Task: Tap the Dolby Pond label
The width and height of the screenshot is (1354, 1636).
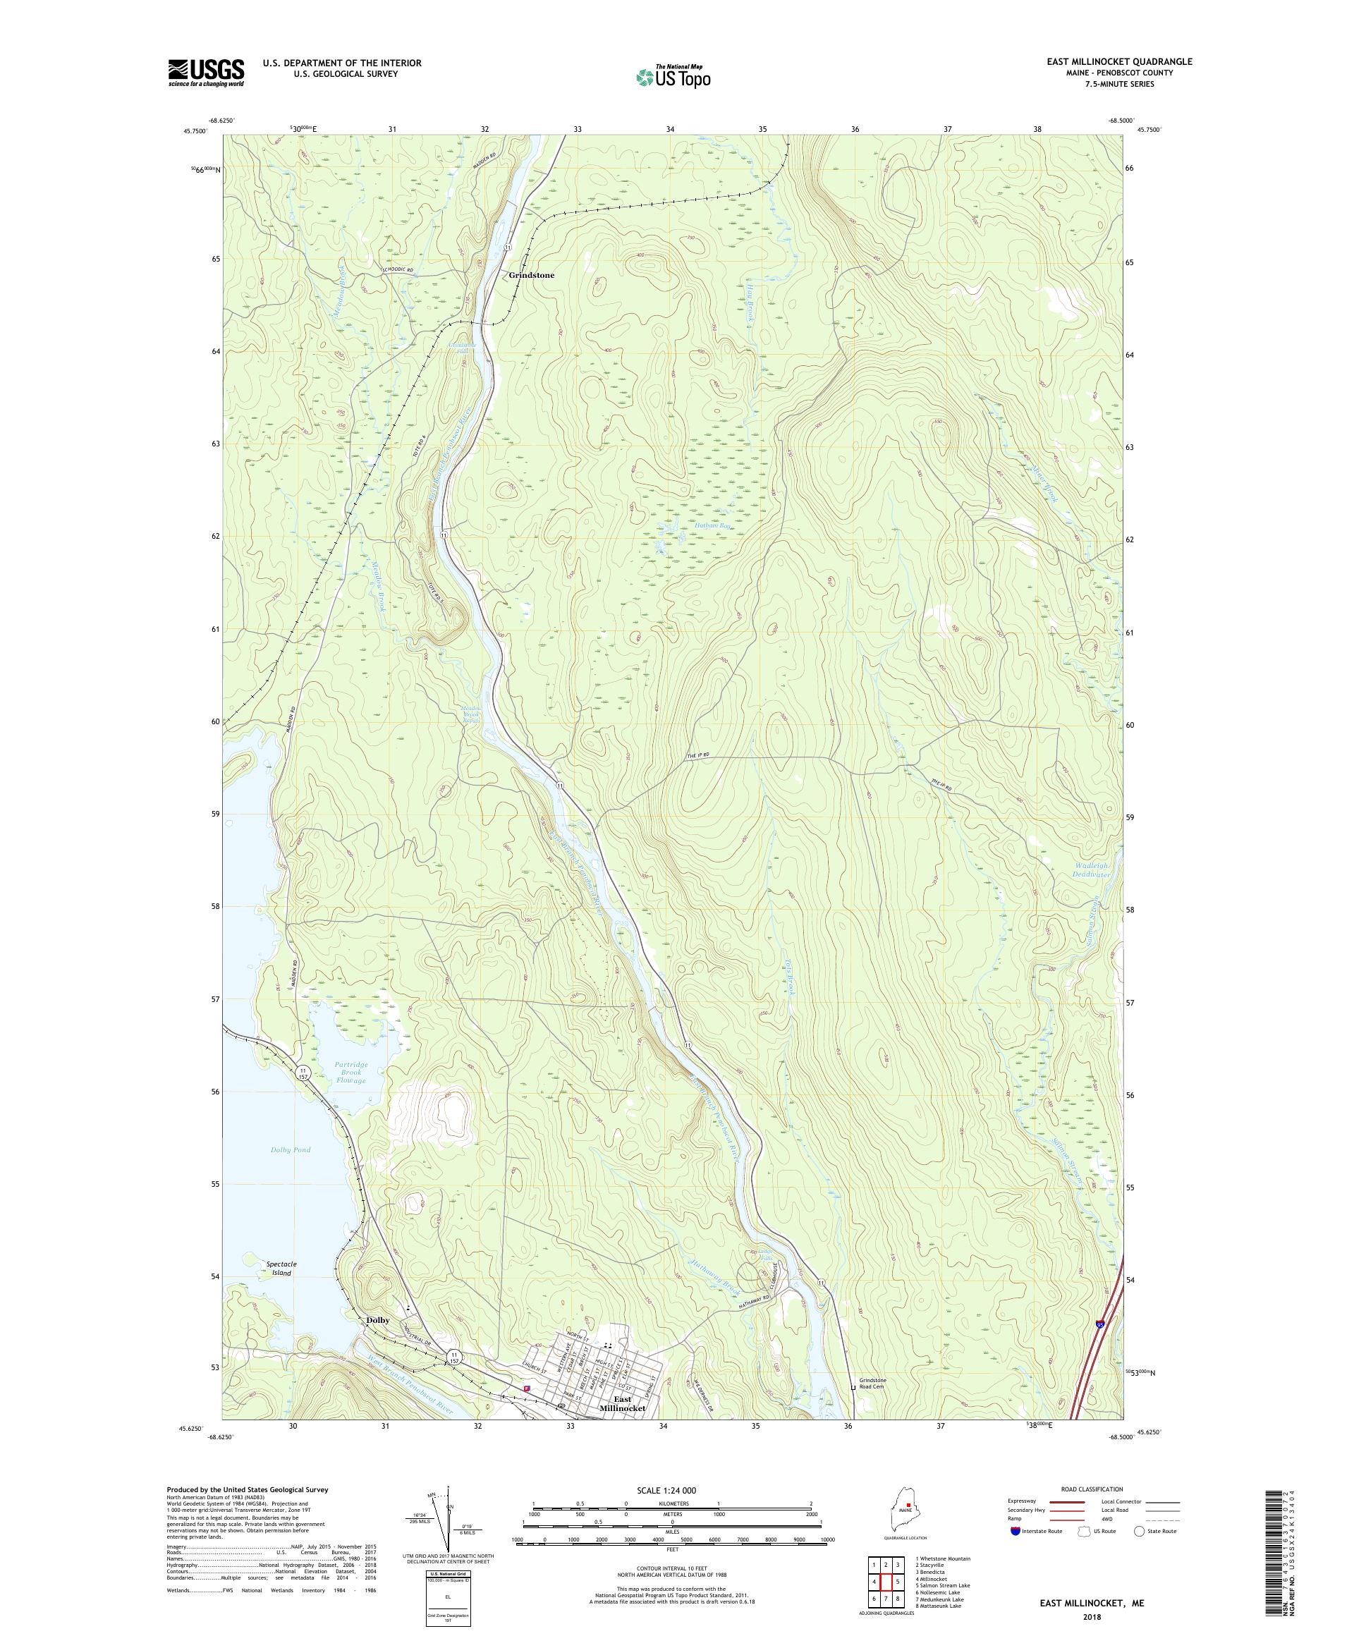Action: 291,1149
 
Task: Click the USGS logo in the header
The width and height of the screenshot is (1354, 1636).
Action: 206,73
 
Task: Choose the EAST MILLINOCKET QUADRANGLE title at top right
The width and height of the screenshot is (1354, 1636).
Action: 1118,61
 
